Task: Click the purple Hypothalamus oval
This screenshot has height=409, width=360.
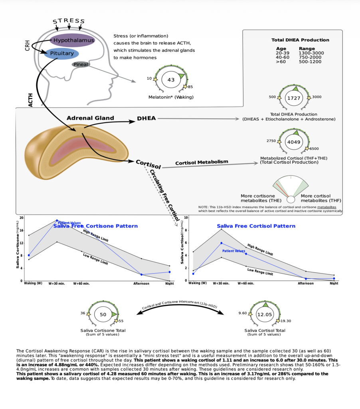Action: coord(72,40)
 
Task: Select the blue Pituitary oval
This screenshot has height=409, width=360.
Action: coord(59,53)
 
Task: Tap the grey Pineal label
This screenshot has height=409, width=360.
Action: coord(81,64)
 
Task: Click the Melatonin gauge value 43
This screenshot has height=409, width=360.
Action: coord(171,80)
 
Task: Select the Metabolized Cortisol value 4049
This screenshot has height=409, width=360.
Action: coord(295,142)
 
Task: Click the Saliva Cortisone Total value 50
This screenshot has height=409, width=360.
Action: coord(103,314)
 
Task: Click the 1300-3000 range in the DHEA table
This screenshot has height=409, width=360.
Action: coord(311,53)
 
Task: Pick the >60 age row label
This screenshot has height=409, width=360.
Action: coord(281,62)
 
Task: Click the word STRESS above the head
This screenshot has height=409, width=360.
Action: coord(69,21)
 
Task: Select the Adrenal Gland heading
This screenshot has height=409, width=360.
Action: coord(90,118)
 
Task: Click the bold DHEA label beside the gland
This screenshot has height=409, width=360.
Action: coord(146,119)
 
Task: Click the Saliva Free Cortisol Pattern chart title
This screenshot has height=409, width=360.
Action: coord(256,226)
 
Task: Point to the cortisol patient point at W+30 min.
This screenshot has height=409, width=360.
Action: coord(222,243)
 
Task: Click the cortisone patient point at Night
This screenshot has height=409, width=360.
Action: coord(169,272)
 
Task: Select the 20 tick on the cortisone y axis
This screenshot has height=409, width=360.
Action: coord(21,218)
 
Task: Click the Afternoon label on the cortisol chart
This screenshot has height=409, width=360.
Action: coord(306,284)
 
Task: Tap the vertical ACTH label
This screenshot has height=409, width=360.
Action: coord(31,99)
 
